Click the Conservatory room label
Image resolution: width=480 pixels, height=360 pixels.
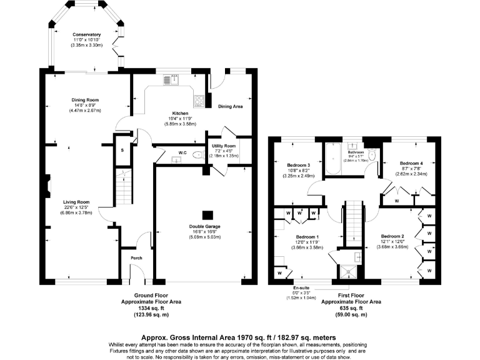(x=86, y=34)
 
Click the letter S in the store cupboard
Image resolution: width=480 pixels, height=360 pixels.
(x=121, y=151)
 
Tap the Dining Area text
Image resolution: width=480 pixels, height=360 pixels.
(x=229, y=106)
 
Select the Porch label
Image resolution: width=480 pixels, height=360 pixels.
(x=136, y=258)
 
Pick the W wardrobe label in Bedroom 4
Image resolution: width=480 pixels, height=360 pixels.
(x=396, y=202)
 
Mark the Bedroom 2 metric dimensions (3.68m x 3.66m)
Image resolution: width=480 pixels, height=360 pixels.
(x=393, y=247)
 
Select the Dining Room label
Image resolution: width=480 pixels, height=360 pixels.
(x=85, y=99)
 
